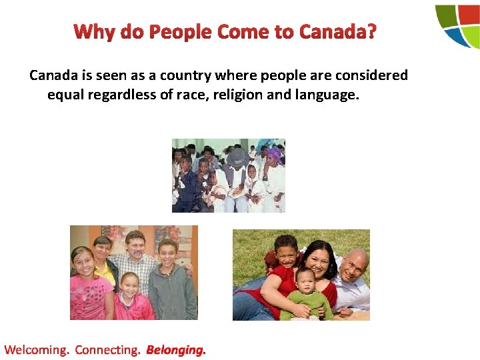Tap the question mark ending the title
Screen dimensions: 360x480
click(370, 32)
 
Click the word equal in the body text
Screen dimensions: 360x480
click(65, 95)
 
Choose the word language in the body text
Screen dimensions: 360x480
click(325, 95)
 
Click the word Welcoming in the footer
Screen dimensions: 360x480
click(36, 349)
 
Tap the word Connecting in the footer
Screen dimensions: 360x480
click(107, 349)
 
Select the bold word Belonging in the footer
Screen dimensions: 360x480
click(176, 349)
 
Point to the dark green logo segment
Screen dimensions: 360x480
click(445, 15)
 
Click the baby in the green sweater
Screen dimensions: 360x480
click(307, 294)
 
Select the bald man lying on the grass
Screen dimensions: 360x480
click(351, 273)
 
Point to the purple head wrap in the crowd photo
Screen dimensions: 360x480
click(274, 155)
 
